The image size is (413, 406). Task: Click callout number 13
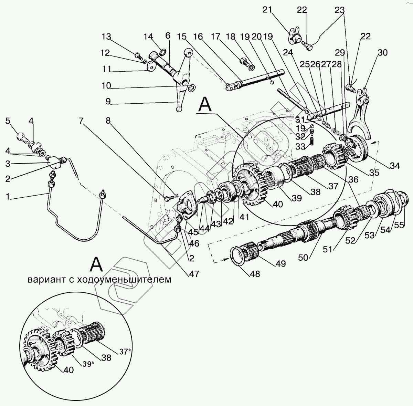click(x=107, y=37)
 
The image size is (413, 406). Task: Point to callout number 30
click(x=382, y=53)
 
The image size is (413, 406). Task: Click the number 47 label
click(x=194, y=274)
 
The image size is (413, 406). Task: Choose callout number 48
click(x=255, y=274)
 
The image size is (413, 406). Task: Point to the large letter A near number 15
click(x=206, y=104)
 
